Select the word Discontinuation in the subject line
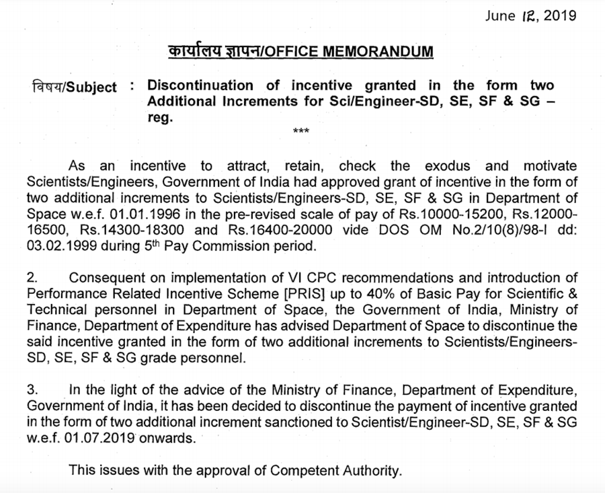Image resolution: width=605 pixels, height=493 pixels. click(201, 86)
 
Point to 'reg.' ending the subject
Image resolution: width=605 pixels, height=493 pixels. click(160, 118)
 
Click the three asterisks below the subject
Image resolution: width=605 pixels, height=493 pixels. click(302, 131)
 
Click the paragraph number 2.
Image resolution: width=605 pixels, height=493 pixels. click(32, 278)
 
